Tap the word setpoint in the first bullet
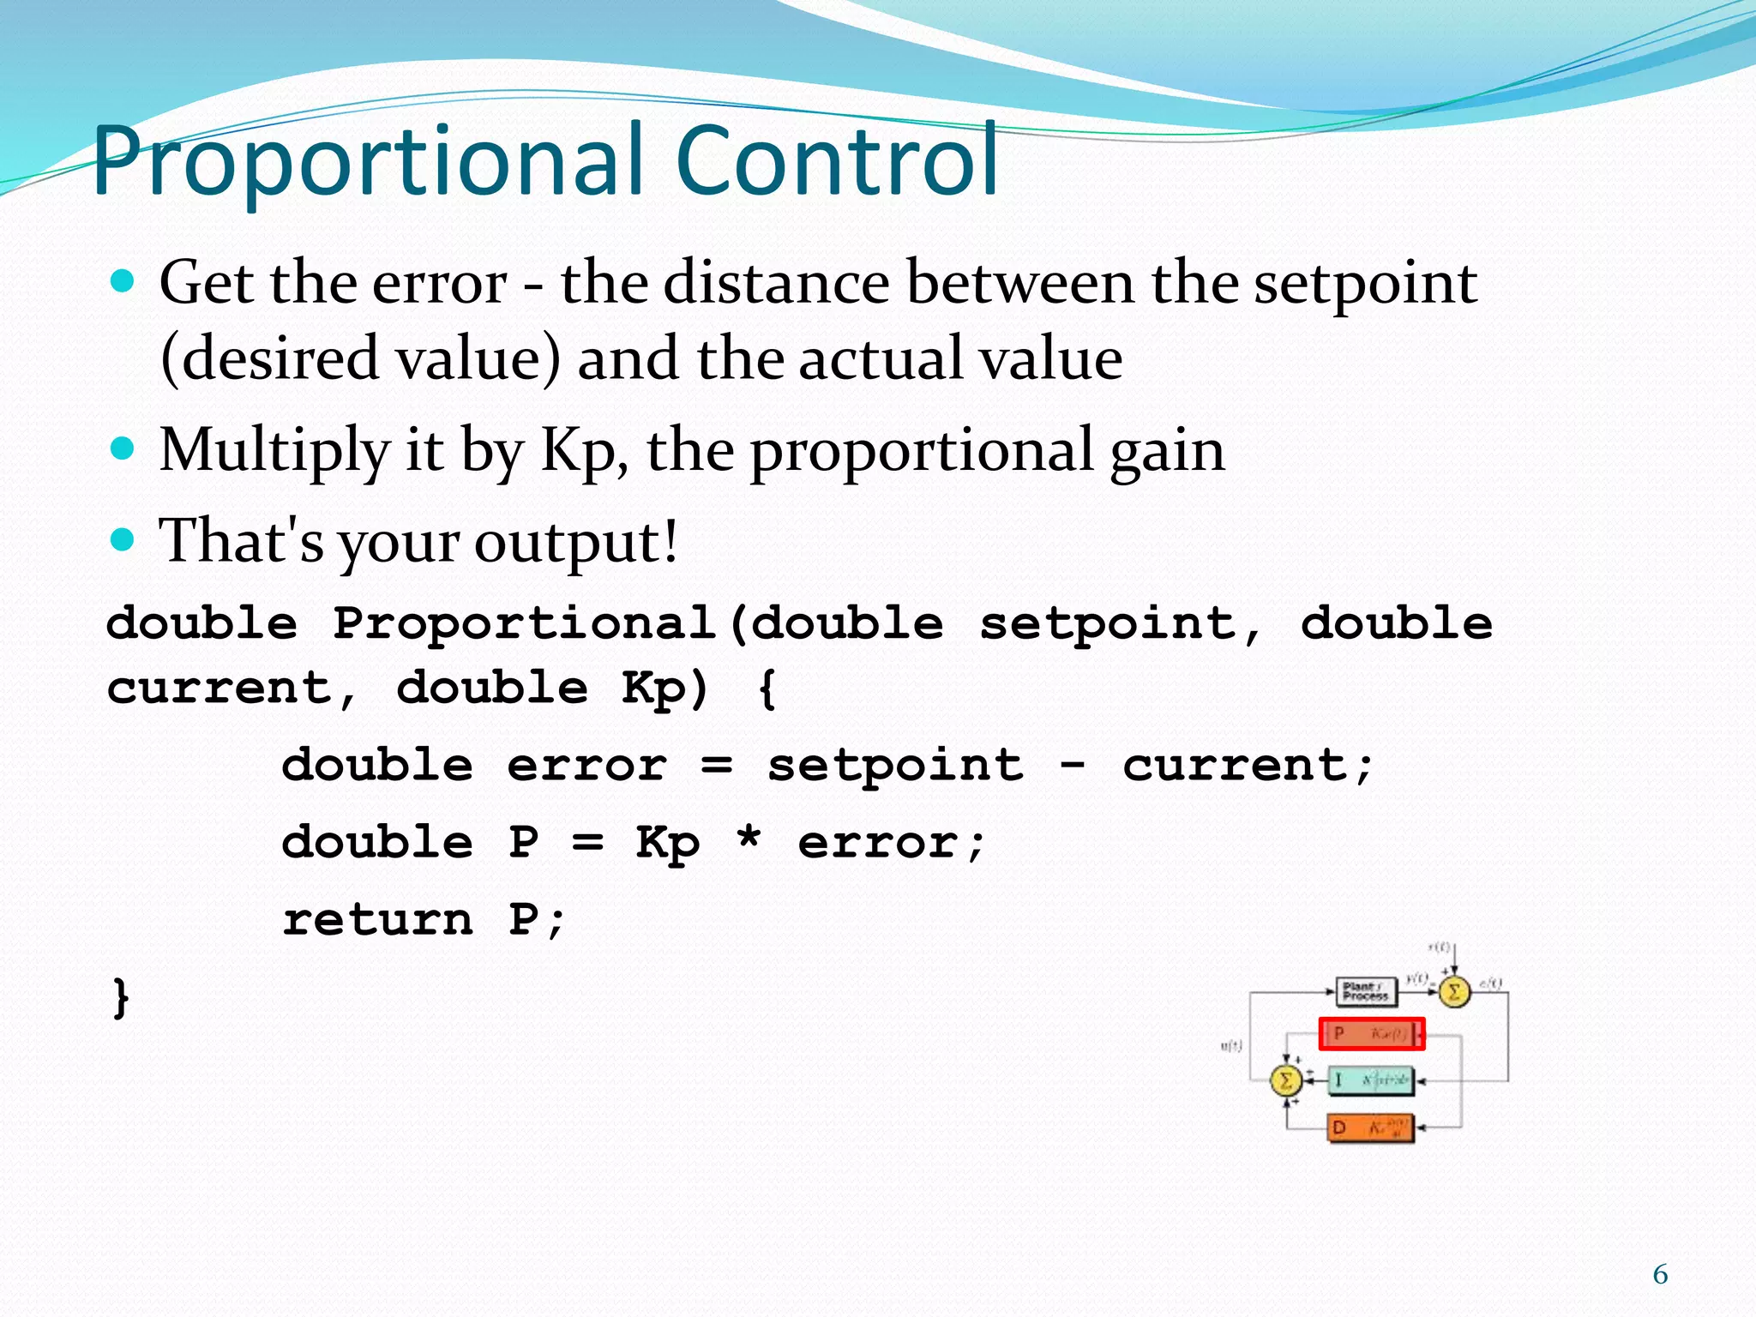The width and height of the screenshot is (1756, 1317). pos(1365,284)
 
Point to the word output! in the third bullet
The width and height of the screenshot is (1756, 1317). pos(576,542)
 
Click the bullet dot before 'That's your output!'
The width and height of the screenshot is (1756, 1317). pos(123,539)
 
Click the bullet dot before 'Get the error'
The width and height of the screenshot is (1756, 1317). pos(123,281)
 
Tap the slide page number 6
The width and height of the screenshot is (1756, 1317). pos(1660,1275)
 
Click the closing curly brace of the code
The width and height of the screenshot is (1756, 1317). pos(121,998)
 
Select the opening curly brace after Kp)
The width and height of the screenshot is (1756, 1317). pos(767,689)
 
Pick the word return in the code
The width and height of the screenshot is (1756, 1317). pos(377,920)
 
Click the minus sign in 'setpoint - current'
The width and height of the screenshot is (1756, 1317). pos(1073,762)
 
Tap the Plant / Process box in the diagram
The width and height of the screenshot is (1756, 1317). pos(1366,992)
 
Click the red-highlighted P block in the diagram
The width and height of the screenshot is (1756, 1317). pos(1371,1034)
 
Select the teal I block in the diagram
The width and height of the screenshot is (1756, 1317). pos(1370,1080)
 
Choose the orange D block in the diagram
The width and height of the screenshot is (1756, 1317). pos(1370,1128)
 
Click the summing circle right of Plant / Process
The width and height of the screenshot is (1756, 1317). pos(1453,993)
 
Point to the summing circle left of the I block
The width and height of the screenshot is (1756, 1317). pos(1285,1080)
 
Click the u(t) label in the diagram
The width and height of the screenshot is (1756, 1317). pos(1230,1046)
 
